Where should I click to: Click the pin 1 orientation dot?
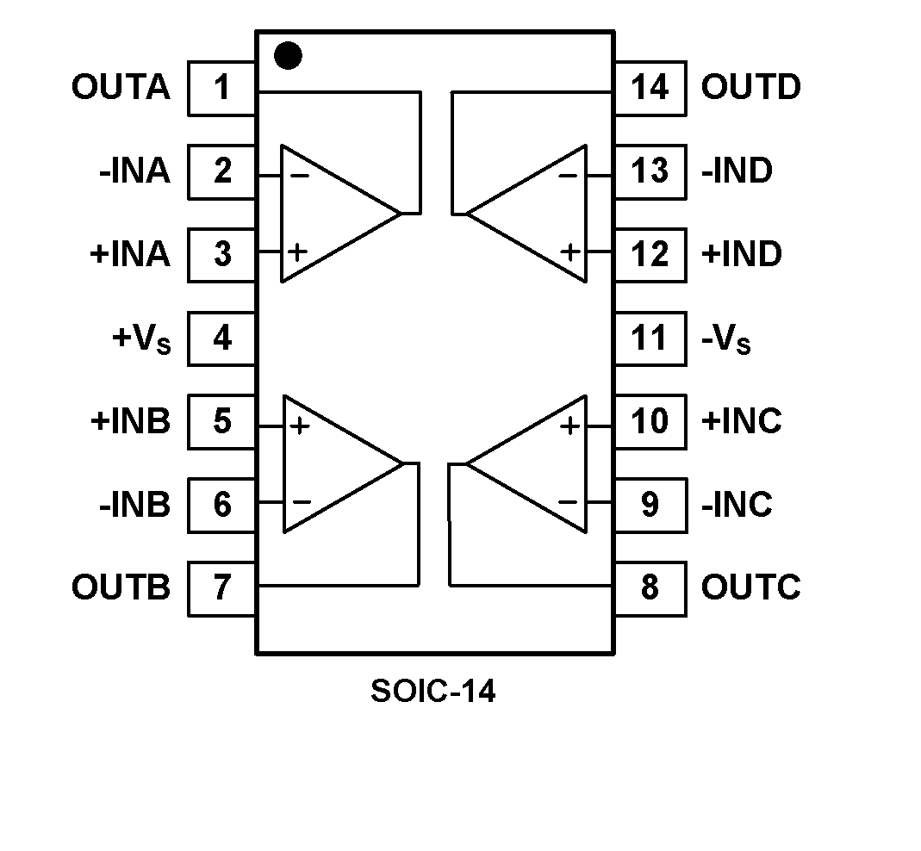click(x=288, y=57)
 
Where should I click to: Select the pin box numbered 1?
click(x=221, y=88)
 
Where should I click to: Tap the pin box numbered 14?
click(x=650, y=88)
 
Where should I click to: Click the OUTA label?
click(x=121, y=88)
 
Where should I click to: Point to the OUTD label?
click(x=750, y=88)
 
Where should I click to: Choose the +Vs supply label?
click(x=141, y=339)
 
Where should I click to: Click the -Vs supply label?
click(x=725, y=339)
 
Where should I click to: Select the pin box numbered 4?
click(x=221, y=339)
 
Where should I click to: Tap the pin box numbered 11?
click(x=650, y=339)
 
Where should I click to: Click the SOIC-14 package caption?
click(x=433, y=691)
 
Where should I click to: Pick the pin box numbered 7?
click(x=221, y=588)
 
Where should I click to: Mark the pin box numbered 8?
click(x=650, y=588)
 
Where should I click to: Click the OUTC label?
click(x=750, y=588)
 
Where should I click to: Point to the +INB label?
click(x=129, y=422)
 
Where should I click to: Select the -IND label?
click(x=737, y=171)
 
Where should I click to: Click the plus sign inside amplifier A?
click(x=297, y=252)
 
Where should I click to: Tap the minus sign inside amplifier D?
click(x=568, y=176)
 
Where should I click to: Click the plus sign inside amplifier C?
click(x=569, y=425)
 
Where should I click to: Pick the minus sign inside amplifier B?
click(x=301, y=501)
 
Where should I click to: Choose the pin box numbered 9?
click(x=650, y=505)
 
